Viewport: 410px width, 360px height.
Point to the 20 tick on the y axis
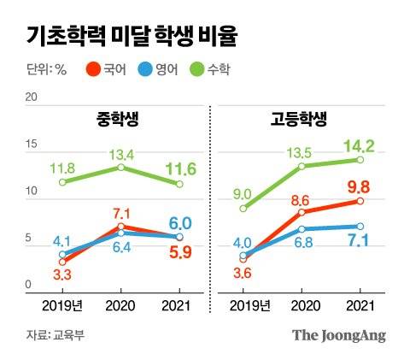(31, 98)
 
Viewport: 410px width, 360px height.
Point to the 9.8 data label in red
(360, 186)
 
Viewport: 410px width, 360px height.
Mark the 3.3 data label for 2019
(61, 274)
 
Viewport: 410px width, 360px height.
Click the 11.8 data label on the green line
(62, 167)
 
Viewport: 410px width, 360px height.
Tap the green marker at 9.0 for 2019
(244, 208)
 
